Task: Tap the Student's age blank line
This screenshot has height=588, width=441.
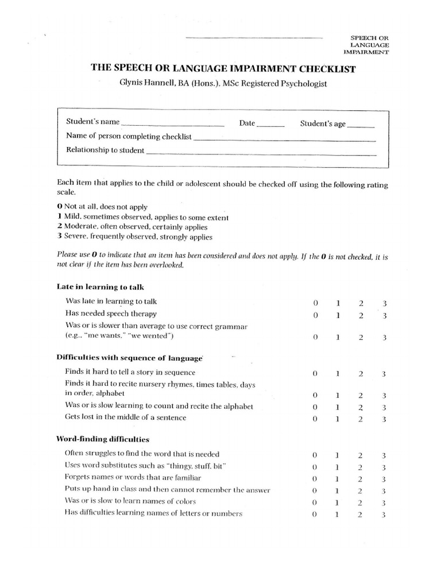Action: tap(361, 125)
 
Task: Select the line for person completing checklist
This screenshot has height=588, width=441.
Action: tap(284, 138)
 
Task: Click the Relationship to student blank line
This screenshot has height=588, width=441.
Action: tap(261, 153)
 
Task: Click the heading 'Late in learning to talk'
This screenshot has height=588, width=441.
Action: tap(96, 286)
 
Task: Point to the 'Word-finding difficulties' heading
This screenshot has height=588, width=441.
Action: tap(103, 439)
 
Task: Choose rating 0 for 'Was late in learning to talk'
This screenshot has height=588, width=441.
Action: tap(315, 302)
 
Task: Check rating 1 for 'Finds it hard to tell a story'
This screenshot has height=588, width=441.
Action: tap(338, 374)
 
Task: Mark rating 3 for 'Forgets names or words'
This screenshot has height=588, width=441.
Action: tap(384, 479)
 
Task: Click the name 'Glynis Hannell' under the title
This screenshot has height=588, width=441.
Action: tap(142, 83)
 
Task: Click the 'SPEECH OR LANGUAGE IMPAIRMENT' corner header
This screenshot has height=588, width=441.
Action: tap(369, 44)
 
